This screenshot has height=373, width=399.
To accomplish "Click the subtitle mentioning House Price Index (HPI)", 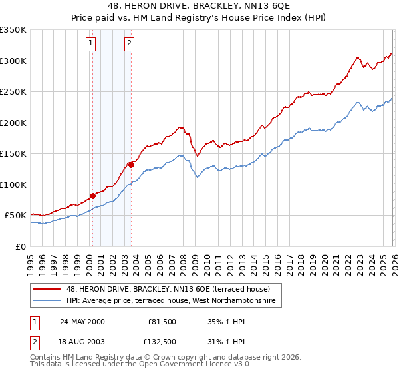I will [x=199, y=19].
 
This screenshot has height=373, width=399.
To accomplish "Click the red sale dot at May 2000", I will [x=93, y=196].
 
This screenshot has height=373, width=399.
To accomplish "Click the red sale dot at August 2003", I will [x=131, y=165].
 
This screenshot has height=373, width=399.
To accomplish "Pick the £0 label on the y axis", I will [x=20, y=246].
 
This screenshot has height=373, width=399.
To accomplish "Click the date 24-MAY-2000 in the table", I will [x=82, y=322].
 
